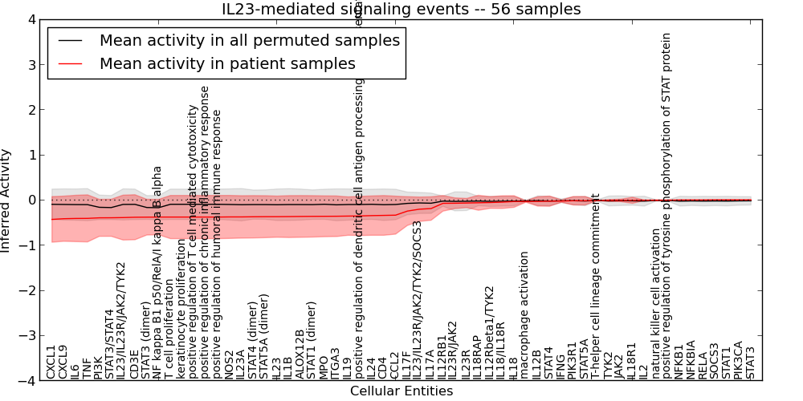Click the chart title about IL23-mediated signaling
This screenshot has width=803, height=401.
401,9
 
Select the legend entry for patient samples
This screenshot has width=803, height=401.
227,63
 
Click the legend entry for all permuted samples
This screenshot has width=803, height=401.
249,40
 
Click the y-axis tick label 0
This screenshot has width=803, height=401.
31,200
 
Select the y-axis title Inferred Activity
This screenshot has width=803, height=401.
7,200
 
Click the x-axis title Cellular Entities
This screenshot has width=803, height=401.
401,391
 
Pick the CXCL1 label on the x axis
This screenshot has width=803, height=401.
51,362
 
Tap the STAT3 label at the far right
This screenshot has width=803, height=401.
751,363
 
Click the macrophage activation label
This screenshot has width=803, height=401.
524,314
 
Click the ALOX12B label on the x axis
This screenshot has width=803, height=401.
300,354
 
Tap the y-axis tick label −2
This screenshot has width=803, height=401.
28,291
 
